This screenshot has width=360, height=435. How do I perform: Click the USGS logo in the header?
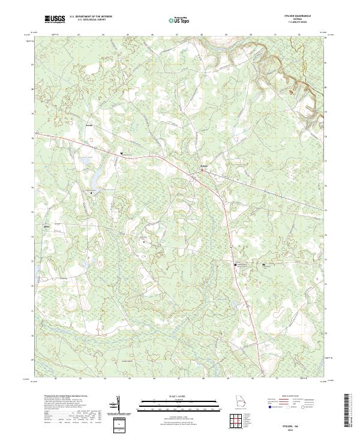click(x=55, y=19)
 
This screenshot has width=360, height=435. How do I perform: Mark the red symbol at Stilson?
click(x=202, y=170)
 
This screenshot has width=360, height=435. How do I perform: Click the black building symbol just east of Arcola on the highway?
click(x=122, y=154)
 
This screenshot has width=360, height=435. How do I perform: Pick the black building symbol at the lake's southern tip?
click(x=91, y=193)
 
